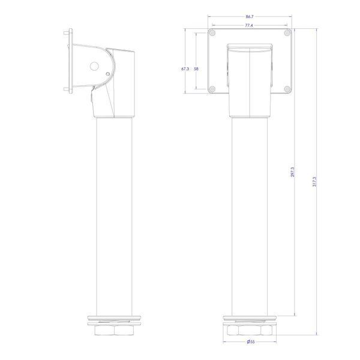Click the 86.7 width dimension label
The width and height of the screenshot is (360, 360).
pyautogui.click(x=250, y=17)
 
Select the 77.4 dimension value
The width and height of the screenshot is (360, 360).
pyautogui.click(x=249, y=25)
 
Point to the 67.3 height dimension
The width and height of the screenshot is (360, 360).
pyautogui.click(x=185, y=68)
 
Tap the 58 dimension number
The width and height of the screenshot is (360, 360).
pyautogui.click(x=196, y=68)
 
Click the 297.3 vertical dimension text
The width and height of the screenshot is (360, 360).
pyautogui.click(x=293, y=172)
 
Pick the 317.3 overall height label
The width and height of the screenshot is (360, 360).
pyautogui.click(x=314, y=181)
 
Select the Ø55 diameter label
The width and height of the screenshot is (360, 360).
pyautogui.click(x=251, y=341)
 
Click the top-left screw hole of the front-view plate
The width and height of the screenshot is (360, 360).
pyautogui.click(x=212, y=33)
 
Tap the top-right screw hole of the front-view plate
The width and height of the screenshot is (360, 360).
pyautogui.click(x=287, y=33)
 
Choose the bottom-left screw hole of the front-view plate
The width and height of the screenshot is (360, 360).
pyautogui.click(x=212, y=89)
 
